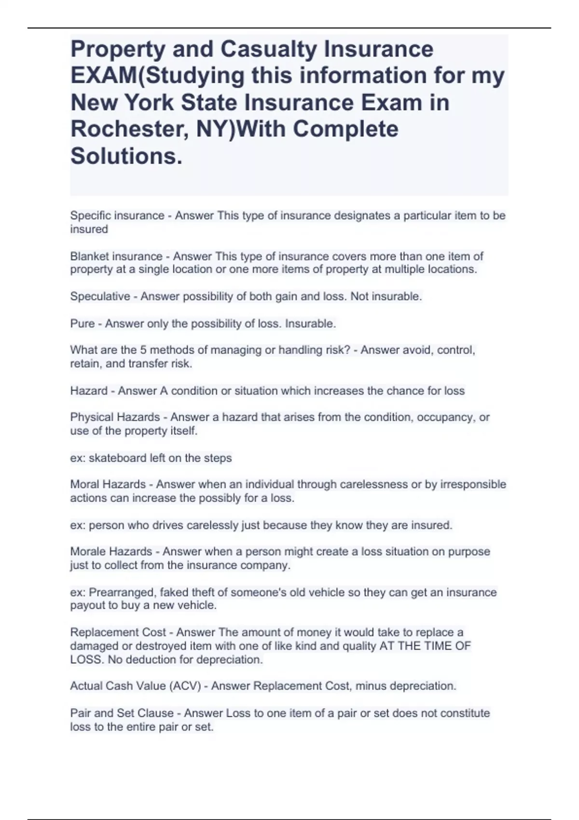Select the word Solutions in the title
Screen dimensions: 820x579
(126, 156)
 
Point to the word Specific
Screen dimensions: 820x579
(90, 216)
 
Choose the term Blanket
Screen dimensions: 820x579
(89, 256)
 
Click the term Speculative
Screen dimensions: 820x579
(100, 296)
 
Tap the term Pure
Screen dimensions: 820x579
(82, 324)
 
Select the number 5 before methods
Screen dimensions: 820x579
(143, 350)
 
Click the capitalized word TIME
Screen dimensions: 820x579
(439, 646)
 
